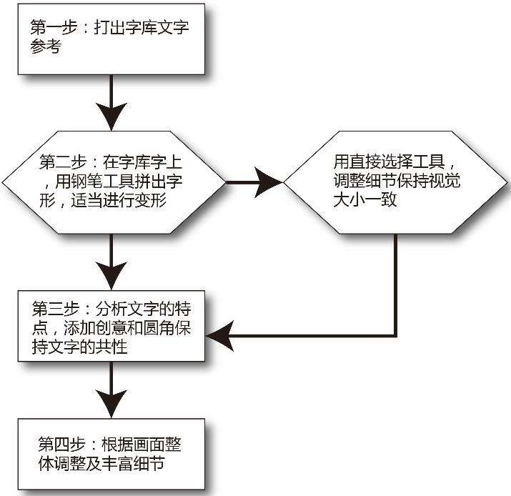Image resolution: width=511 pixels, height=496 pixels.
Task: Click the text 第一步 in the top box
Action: pos(54,27)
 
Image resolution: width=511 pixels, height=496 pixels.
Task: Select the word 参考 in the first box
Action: pos(46,46)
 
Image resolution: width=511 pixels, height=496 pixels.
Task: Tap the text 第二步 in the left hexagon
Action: pos(63,162)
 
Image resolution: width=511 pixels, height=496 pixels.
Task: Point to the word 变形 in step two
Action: pos(151,200)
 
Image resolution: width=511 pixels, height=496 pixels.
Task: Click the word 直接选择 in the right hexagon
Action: pos(381,162)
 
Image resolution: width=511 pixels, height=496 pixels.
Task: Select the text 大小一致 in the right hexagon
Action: pos(365,199)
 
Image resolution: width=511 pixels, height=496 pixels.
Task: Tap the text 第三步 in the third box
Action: pos(56,309)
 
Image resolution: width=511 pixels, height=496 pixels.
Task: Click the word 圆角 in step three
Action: pos(159,327)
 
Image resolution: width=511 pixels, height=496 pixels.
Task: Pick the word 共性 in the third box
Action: pos(111,347)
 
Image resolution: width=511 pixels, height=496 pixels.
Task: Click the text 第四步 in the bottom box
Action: pos(61,444)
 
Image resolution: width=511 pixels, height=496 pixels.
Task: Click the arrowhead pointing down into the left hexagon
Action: pos(111,116)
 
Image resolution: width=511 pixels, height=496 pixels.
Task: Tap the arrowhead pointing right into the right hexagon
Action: pos(269,182)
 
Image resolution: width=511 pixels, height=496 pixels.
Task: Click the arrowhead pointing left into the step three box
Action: pos(220,336)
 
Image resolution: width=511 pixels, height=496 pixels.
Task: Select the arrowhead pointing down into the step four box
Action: pos(111,404)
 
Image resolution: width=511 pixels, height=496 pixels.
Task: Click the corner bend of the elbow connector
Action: pos(395,336)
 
